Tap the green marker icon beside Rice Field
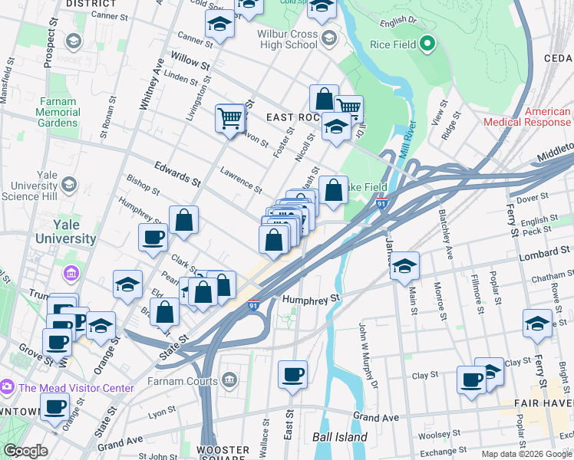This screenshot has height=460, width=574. [427, 44]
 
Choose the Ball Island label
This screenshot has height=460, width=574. [340, 438]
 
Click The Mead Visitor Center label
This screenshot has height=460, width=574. [77, 388]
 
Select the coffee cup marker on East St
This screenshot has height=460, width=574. [292, 375]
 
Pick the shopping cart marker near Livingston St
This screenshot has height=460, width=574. [229, 118]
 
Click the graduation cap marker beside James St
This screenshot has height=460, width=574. [404, 266]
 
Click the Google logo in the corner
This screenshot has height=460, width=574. [25, 451]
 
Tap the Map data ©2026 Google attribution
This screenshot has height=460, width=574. [526, 454]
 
